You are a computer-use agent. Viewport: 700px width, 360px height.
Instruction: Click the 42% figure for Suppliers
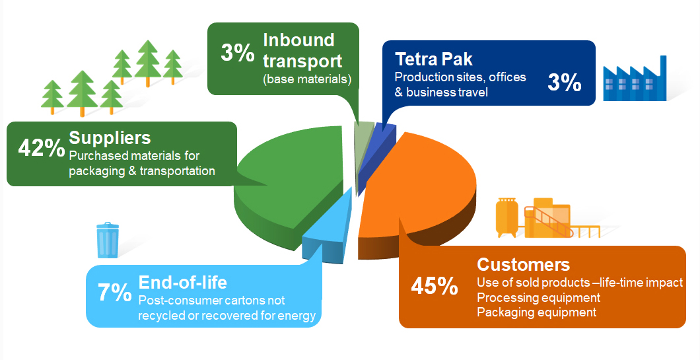point(42,148)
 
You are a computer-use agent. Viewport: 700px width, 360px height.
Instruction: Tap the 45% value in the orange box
point(435,286)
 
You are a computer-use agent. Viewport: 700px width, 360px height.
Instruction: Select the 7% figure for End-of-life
point(115,293)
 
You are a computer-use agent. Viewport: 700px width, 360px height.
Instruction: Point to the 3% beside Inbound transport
point(238,53)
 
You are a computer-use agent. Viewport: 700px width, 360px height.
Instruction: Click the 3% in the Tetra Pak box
point(564,83)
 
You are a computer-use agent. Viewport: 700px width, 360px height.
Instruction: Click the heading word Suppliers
point(110,138)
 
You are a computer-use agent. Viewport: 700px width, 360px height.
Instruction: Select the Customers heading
point(523,264)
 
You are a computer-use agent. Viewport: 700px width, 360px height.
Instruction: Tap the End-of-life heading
point(182,282)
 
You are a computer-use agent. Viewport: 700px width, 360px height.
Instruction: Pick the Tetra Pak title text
point(434,59)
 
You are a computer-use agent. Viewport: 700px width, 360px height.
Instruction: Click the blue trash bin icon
point(108,240)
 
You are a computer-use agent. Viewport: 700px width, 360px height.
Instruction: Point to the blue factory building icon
point(635,81)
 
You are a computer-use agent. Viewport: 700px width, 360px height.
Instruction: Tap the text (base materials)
point(307,79)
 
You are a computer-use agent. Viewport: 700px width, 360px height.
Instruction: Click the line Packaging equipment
point(537,312)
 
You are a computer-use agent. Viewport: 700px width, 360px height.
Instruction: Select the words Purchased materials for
point(134,155)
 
